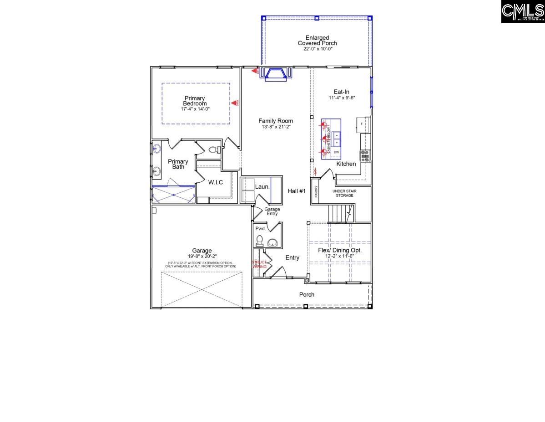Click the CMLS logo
(x=523, y=12)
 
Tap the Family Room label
(x=276, y=121)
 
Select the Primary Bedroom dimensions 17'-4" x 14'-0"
(x=195, y=109)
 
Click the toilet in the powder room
(x=260, y=240)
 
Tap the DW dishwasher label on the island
(x=337, y=152)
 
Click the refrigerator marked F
(x=363, y=124)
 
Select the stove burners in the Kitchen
(x=365, y=156)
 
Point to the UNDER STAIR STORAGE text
(x=344, y=193)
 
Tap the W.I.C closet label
(x=216, y=183)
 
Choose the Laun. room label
(x=262, y=186)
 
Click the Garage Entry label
(x=272, y=211)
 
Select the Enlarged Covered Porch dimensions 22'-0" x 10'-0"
(x=317, y=49)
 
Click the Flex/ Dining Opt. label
(x=340, y=251)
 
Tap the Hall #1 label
(x=297, y=191)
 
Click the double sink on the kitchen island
(x=336, y=139)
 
